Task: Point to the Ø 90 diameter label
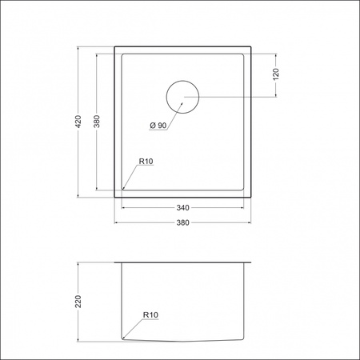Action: [x=157, y=126]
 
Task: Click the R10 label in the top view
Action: [x=146, y=162]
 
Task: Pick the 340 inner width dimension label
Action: [x=183, y=207]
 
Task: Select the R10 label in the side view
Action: [x=151, y=315]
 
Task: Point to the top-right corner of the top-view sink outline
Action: [x=251, y=46]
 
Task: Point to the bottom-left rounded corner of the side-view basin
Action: [x=123, y=337]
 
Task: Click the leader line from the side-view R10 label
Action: [x=134, y=327]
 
